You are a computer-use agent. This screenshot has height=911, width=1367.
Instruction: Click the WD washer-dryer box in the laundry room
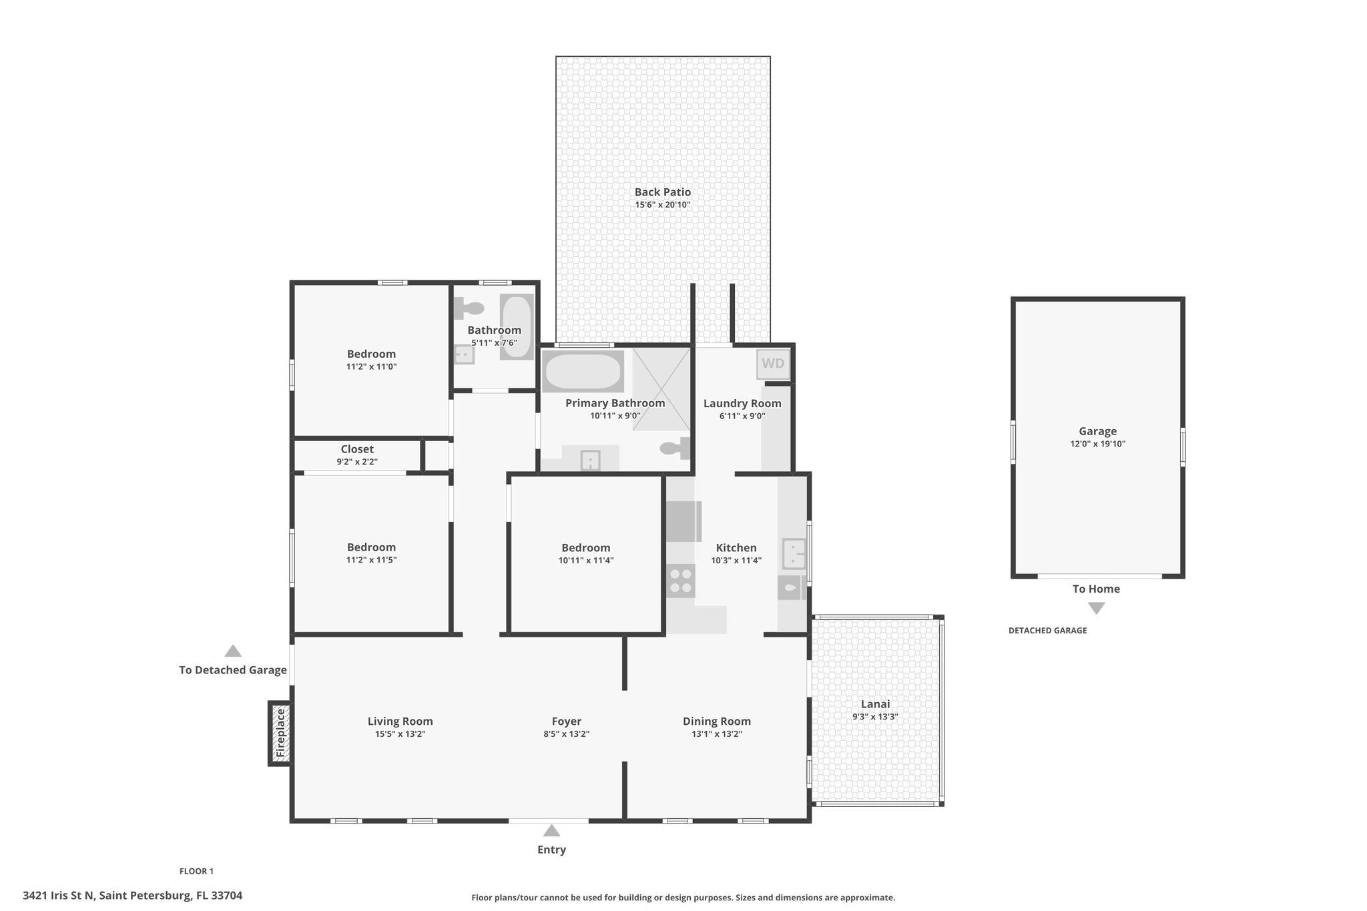[774, 364]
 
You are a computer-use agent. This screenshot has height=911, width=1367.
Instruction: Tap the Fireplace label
[281, 733]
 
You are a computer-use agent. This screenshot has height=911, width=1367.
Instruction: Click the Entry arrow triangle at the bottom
[551, 830]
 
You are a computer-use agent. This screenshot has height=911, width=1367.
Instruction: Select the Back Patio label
[663, 192]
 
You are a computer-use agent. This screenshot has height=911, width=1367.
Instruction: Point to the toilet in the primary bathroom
[675, 448]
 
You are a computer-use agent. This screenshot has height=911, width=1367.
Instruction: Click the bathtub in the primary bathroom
[583, 371]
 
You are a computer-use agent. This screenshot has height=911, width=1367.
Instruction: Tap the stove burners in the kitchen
[681, 581]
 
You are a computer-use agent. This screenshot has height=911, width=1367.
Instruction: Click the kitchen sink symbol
[794, 554]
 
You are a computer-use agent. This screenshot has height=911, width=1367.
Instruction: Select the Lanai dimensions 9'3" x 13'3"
[875, 717]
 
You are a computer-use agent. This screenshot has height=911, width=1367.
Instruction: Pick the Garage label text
[1097, 431]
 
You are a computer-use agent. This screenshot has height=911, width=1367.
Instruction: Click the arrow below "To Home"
[1096, 608]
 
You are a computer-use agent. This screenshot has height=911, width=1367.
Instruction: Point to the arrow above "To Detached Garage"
[232, 651]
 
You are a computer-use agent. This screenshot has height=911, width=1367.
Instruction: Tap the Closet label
[357, 449]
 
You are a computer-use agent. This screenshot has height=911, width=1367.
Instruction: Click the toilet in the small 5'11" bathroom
[469, 308]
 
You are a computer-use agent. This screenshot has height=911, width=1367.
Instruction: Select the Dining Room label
[717, 721]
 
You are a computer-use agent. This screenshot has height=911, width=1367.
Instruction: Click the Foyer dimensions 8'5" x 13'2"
[566, 734]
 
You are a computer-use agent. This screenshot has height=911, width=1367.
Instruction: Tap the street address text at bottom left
[133, 896]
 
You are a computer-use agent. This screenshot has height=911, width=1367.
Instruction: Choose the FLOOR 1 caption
[196, 871]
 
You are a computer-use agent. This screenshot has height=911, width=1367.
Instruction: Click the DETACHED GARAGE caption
[1047, 631]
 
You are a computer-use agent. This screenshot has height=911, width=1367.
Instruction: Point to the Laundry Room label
[742, 403]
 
